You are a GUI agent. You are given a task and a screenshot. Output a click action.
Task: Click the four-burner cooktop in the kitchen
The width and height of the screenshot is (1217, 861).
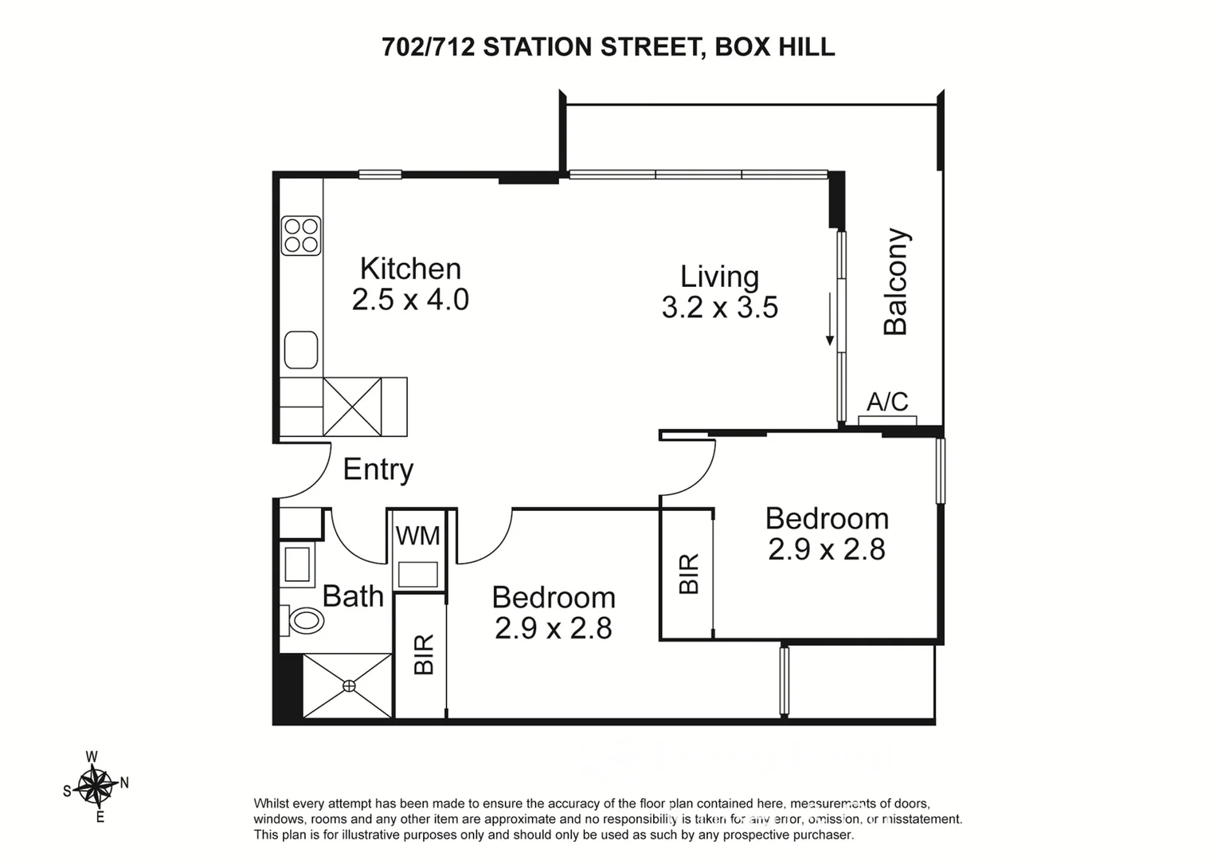(301, 235)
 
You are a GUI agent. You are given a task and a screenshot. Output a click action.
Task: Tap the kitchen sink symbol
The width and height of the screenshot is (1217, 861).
(301, 350)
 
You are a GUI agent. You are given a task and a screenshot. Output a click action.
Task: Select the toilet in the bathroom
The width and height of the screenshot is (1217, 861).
(304, 619)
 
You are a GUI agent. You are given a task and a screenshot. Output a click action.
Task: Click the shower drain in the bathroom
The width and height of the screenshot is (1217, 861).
(348, 686)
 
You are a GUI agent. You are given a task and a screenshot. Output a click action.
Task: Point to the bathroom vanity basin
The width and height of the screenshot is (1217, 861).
(298, 564)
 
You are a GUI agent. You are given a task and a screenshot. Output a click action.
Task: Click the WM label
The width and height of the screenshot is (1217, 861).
(418, 536)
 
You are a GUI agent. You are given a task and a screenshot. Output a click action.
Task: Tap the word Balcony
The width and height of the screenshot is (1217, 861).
(896, 281)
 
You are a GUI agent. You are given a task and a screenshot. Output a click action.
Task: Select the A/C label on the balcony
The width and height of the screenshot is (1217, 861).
(887, 401)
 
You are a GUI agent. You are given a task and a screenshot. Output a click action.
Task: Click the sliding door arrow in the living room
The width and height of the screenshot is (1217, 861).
(829, 319)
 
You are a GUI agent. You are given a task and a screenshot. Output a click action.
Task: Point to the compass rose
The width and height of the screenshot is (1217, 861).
(96, 786)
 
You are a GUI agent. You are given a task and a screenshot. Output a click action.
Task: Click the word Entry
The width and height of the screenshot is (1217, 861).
(378, 470)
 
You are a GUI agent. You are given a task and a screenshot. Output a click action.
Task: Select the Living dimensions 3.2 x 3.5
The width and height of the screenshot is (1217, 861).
(719, 307)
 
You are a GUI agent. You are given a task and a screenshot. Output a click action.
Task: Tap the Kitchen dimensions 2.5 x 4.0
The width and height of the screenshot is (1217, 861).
(410, 300)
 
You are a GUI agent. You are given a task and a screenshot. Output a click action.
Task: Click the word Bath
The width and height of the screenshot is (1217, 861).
(353, 596)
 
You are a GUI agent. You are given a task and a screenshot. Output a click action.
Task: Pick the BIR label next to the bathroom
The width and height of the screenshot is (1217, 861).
(424, 654)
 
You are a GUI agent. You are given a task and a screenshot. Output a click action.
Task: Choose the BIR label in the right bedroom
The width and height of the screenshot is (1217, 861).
(688, 573)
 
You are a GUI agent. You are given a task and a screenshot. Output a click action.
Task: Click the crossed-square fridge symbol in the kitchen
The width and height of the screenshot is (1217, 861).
(352, 407)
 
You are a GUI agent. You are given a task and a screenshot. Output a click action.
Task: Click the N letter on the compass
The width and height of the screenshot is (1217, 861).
(124, 783)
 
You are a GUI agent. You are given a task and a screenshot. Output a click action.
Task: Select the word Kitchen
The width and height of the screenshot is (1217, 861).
(410, 269)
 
